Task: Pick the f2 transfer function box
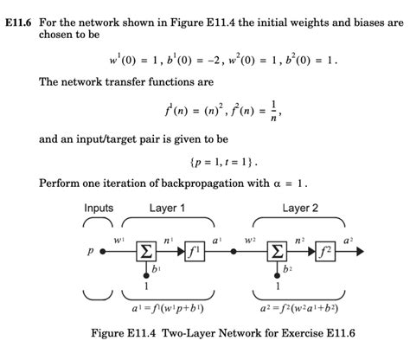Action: [326, 252]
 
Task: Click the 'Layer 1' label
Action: [167, 208]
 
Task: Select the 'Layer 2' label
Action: [300, 208]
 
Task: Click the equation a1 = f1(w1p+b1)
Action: [166, 307]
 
